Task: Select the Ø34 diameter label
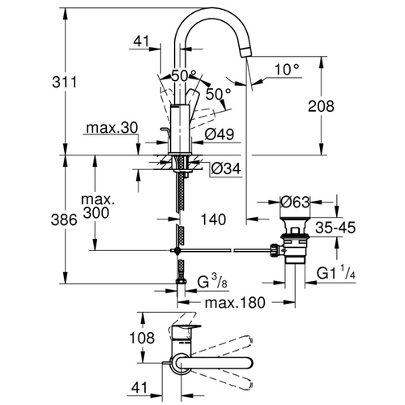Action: click(226, 168)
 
